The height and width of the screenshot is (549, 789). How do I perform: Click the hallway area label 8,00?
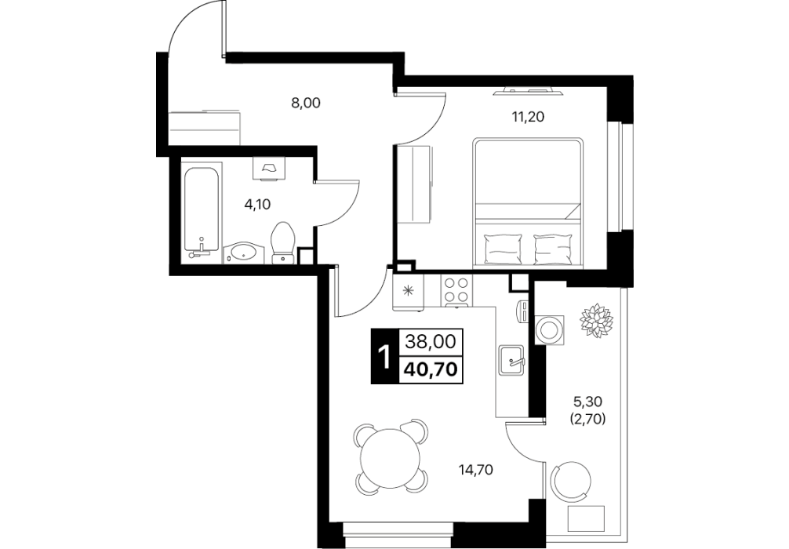pos(305,104)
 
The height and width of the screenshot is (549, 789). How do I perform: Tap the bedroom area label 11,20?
pos(528,117)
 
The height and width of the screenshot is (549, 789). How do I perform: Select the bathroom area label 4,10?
pos(257,204)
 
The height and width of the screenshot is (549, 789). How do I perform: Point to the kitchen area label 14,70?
pos(475,471)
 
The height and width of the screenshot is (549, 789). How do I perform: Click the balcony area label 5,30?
pos(589,402)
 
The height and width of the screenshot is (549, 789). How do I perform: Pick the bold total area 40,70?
pos(431,369)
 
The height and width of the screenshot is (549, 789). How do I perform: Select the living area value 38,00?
pos(431,342)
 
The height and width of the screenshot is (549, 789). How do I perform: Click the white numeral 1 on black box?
pos(384,357)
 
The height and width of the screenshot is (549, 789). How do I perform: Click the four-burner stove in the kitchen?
pos(457,290)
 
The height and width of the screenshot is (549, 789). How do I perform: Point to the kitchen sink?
pos(512,360)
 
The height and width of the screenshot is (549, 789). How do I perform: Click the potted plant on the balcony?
pos(597,320)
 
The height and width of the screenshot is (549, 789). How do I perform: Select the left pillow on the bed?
pos(501,249)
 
